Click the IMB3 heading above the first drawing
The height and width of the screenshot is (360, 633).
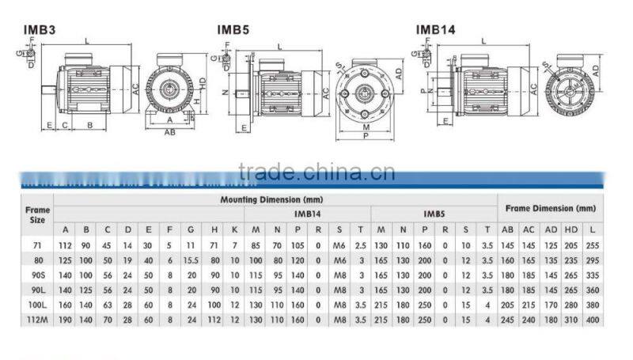[37, 30]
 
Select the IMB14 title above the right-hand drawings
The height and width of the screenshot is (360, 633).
[436, 30]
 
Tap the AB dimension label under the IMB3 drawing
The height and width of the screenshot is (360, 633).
[169, 133]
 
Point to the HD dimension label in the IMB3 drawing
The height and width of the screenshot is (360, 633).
[203, 81]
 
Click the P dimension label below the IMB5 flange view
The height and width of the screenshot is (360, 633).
[365, 135]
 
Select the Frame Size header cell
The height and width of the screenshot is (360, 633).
[38, 214]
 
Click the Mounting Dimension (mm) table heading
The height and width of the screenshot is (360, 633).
[271, 200]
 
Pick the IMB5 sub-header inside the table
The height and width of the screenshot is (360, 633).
[434, 214]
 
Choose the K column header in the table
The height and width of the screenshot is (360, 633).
[235, 229]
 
